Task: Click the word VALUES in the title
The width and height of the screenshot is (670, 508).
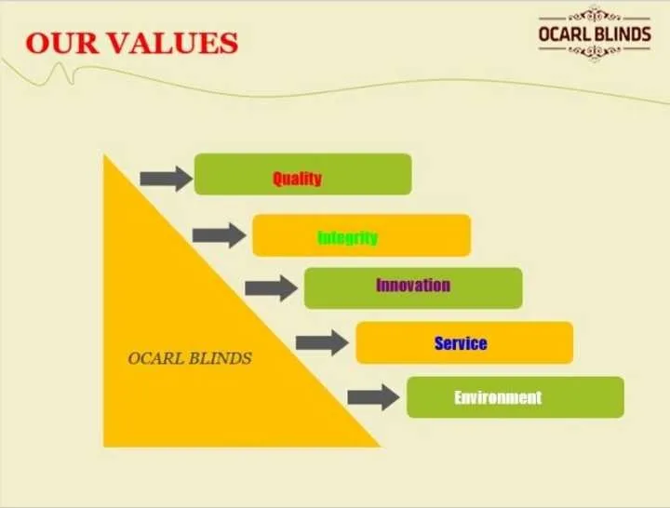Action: click(x=173, y=43)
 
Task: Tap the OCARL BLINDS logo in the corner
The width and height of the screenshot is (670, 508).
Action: click(x=595, y=33)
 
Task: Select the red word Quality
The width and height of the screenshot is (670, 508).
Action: click(x=297, y=178)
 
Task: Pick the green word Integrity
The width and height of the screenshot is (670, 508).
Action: click(x=348, y=237)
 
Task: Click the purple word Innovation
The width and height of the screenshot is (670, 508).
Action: click(x=413, y=285)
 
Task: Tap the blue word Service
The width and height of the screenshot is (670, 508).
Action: click(x=461, y=343)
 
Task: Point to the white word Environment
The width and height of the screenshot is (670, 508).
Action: click(x=498, y=397)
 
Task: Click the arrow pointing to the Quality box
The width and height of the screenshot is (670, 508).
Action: click(x=167, y=179)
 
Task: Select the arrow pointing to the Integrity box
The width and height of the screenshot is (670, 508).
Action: click(x=220, y=235)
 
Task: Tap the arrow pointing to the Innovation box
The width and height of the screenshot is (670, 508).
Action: click(x=272, y=288)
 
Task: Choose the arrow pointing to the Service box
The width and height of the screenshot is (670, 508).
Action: click(x=322, y=342)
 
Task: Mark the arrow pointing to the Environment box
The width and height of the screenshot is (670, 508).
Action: click(x=373, y=397)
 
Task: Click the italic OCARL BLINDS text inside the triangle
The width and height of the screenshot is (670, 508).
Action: click(x=190, y=358)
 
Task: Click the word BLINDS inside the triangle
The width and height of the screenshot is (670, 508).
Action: click(x=221, y=358)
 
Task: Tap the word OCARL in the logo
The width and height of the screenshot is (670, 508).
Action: click(x=564, y=34)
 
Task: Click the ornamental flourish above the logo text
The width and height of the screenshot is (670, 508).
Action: click(x=595, y=16)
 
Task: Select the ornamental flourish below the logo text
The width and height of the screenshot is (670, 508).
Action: click(x=595, y=51)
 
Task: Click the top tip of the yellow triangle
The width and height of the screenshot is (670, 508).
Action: click(x=104, y=154)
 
